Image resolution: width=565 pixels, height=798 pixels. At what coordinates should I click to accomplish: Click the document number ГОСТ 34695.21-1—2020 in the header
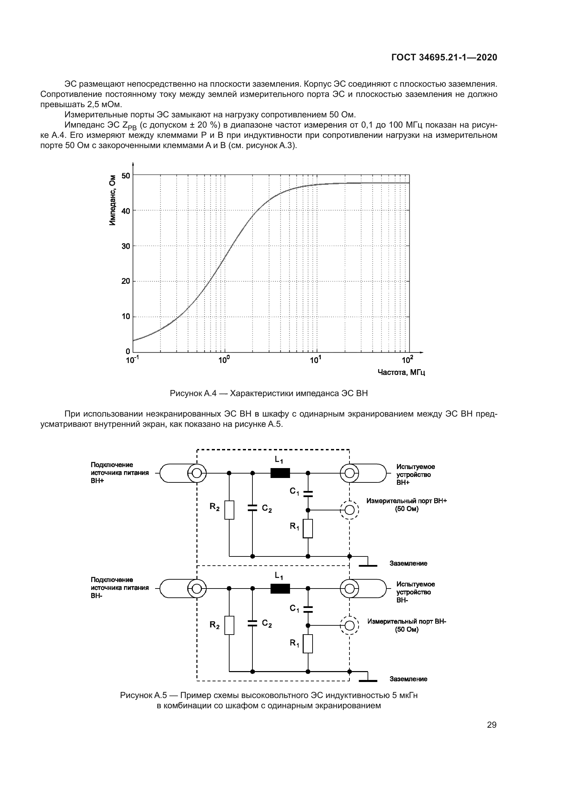(x=444, y=57)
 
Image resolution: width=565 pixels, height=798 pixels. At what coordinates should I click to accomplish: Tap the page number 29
(x=492, y=725)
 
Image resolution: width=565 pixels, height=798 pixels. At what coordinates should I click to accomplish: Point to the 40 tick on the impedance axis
(x=126, y=211)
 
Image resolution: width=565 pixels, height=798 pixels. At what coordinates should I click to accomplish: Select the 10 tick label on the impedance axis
(x=126, y=316)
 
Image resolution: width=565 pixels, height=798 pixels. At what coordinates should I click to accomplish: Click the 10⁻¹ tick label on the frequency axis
(x=132, y=360)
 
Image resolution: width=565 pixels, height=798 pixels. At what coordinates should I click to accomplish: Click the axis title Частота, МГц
(x=401, y=373)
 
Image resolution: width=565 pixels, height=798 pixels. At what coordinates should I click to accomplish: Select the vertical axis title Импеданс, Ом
(x=112, y=200)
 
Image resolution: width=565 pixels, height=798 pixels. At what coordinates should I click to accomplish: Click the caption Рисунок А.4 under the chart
(x=268, y=393)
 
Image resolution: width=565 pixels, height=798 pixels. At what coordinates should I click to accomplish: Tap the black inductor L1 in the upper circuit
(x=280, y=473)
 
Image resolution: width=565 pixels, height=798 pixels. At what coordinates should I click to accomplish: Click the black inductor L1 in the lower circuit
(x=280, y=589)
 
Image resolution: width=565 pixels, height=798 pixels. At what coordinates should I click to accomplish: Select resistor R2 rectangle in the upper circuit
(x=229, y=510)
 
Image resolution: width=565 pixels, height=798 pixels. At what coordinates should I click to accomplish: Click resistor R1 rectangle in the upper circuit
(x=308, y=528)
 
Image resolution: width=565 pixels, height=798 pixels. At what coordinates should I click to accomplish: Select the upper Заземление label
(x=408, y=563)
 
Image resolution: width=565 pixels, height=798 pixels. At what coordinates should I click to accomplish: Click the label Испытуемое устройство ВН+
(x=415, y=475)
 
